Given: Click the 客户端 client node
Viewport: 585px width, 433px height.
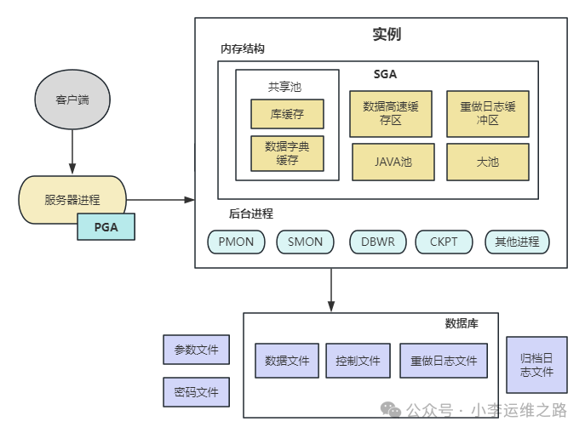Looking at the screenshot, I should pyautogui.click(x=72, y=100).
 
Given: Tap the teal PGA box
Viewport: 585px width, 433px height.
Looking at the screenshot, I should pyautogui.click(x=106, y=226).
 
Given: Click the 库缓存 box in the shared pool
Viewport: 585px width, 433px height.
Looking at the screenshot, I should pyautogui.click(x=287, y=113).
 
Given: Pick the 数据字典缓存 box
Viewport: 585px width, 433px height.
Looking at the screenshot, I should pyautogui.click(x=287, y=153).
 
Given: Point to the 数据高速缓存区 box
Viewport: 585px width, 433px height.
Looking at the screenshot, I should pyautogui.click(x=391, y=114).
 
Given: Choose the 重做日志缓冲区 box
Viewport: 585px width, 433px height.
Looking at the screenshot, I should pyautogui.click(x=488, y=114).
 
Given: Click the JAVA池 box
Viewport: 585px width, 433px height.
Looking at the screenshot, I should pyautogui.click(x=393, y=162).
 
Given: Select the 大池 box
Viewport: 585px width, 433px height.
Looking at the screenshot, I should pyautogui.click(x=488, y=162).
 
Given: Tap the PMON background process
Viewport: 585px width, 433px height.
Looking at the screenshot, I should pyautogui.click(x=236, y=242).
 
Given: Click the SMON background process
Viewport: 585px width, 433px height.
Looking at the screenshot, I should pyautogui.click(x=305, y=242).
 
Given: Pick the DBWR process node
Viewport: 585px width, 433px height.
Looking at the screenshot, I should pyautogui.click(x=377, y=242).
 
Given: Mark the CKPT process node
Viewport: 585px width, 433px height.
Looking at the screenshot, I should pyautogui.click(x=444, y=242).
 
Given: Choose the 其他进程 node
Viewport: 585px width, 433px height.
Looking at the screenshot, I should pyautogui.click(x=517, y=242).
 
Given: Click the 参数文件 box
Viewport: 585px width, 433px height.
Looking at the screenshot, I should pyautogui.click(x=196, y=350).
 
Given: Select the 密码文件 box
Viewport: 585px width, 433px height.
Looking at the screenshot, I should pyautogui.click(x=196, y=392).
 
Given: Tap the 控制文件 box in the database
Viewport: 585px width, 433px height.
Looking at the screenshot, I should pyautogui.click(x=358, y=361).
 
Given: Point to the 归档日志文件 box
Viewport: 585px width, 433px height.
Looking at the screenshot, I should pyautogui.click(x=536, y=365).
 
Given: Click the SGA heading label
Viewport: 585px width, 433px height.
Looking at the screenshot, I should pyautogui.click(x=385, y=75).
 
